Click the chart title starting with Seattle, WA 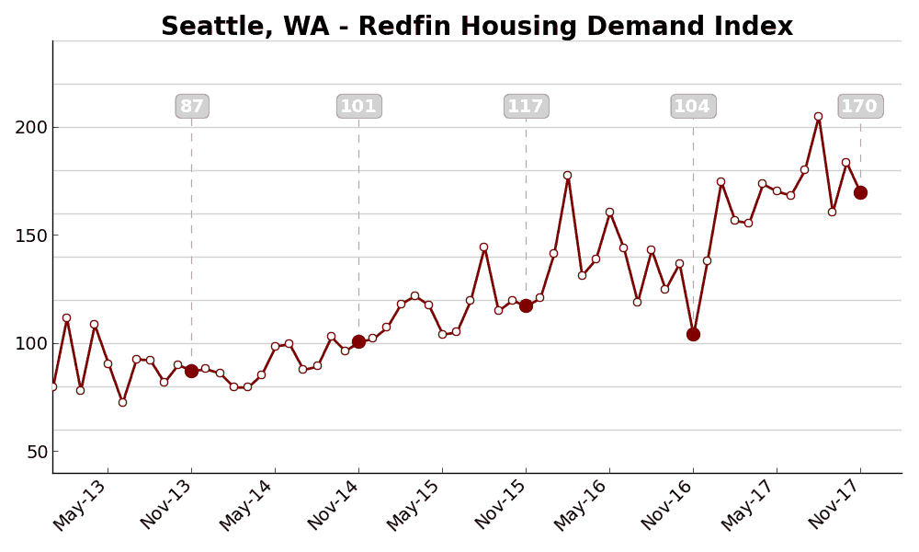[477, 27]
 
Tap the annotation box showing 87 [192, 107]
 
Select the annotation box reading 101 [358, 107]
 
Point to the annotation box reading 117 [526, 107]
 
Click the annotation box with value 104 [693, 107]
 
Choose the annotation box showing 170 [860, 107]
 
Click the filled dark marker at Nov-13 [191, 371]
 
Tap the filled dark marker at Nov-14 [358, 341]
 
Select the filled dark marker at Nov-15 [526, 305]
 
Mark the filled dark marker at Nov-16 [693, 334]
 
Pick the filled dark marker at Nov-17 [860, 192]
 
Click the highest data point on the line [818, 117]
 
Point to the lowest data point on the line [122, 402]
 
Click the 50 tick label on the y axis [35, 452]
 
